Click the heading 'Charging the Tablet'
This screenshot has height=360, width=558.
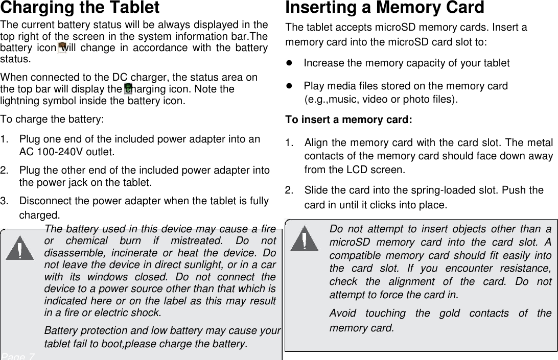(x=80, y=8)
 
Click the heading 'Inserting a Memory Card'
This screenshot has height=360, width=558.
(x=384, y=8)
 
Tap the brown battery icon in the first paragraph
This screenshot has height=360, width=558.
(x=62, y=48)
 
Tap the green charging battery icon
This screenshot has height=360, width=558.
(x=128, y=89)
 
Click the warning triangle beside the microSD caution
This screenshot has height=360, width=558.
(x=304, y=241)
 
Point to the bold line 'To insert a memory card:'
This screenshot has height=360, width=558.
(x=347, y=120)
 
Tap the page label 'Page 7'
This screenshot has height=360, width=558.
(x=18, y=356)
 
